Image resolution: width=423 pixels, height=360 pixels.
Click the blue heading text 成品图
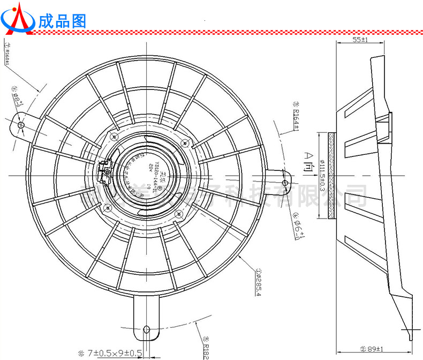[x=62, y=21]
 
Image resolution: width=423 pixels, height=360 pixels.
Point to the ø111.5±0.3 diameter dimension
[x=322, y=175]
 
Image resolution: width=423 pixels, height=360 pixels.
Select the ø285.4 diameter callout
[x=258, y=282]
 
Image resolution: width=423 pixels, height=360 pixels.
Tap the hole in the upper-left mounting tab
[x=21, y=125]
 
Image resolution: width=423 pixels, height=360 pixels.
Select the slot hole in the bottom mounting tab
[x=146, y=329]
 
